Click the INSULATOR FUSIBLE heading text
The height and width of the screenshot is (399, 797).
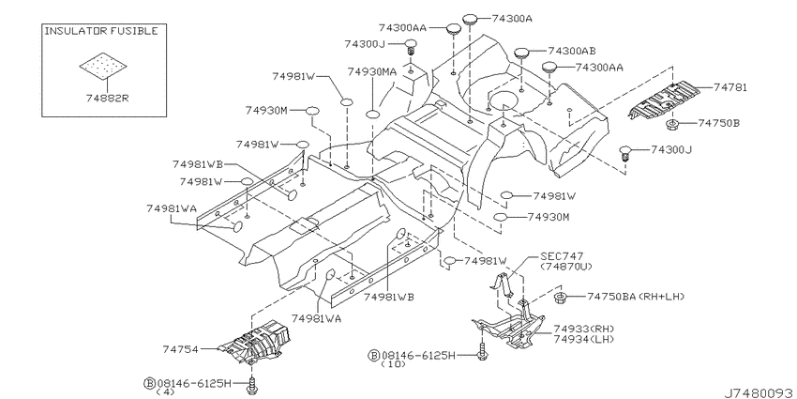(101, 31)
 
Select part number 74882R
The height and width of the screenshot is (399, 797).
(104, 99)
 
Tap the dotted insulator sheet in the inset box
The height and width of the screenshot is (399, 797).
(103, 65)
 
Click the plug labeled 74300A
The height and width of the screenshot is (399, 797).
(470, 20)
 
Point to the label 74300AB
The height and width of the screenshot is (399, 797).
(571, 51)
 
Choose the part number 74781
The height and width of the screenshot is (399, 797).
(729, 87)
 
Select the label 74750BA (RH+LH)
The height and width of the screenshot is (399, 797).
(636, 296)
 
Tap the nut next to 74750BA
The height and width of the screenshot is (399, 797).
(561, 296)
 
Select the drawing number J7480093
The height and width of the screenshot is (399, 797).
(759, 392)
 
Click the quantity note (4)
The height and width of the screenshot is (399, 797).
(165, 391)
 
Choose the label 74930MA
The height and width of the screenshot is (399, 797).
(372, 71)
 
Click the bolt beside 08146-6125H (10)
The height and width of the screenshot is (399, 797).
(482, 350)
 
